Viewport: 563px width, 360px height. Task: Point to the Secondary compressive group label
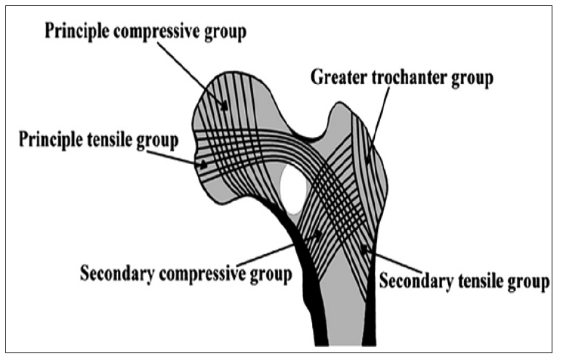(x=186, y=273)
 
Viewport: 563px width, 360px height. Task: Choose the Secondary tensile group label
(x=463, y=282)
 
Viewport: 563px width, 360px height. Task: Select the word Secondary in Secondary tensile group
(x=413, y=282)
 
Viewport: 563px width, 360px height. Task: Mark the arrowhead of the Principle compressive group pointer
(x=224, y=107)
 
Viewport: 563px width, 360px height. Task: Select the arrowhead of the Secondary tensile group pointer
(x=364, y=248)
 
